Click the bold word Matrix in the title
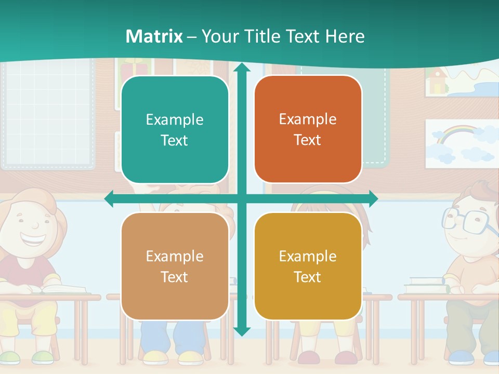(154, 36)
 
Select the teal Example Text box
(175, 130)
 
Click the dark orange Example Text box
(308, 129)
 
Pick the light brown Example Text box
(175, 266)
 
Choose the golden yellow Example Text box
(308, 266)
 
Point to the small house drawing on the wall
(437, 81)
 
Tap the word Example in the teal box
(175, 120)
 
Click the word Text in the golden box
(308, 277)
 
